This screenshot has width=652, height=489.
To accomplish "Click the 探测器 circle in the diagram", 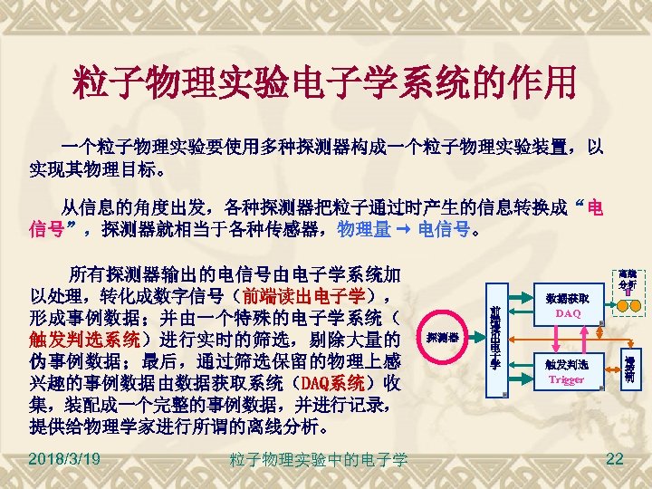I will point(442,338).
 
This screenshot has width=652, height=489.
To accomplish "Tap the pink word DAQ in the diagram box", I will point(568,313).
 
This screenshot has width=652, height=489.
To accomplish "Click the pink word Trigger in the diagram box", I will point(567,379).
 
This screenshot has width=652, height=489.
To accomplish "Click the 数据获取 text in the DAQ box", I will point(568,297).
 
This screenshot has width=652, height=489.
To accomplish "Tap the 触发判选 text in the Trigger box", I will point(567,364).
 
